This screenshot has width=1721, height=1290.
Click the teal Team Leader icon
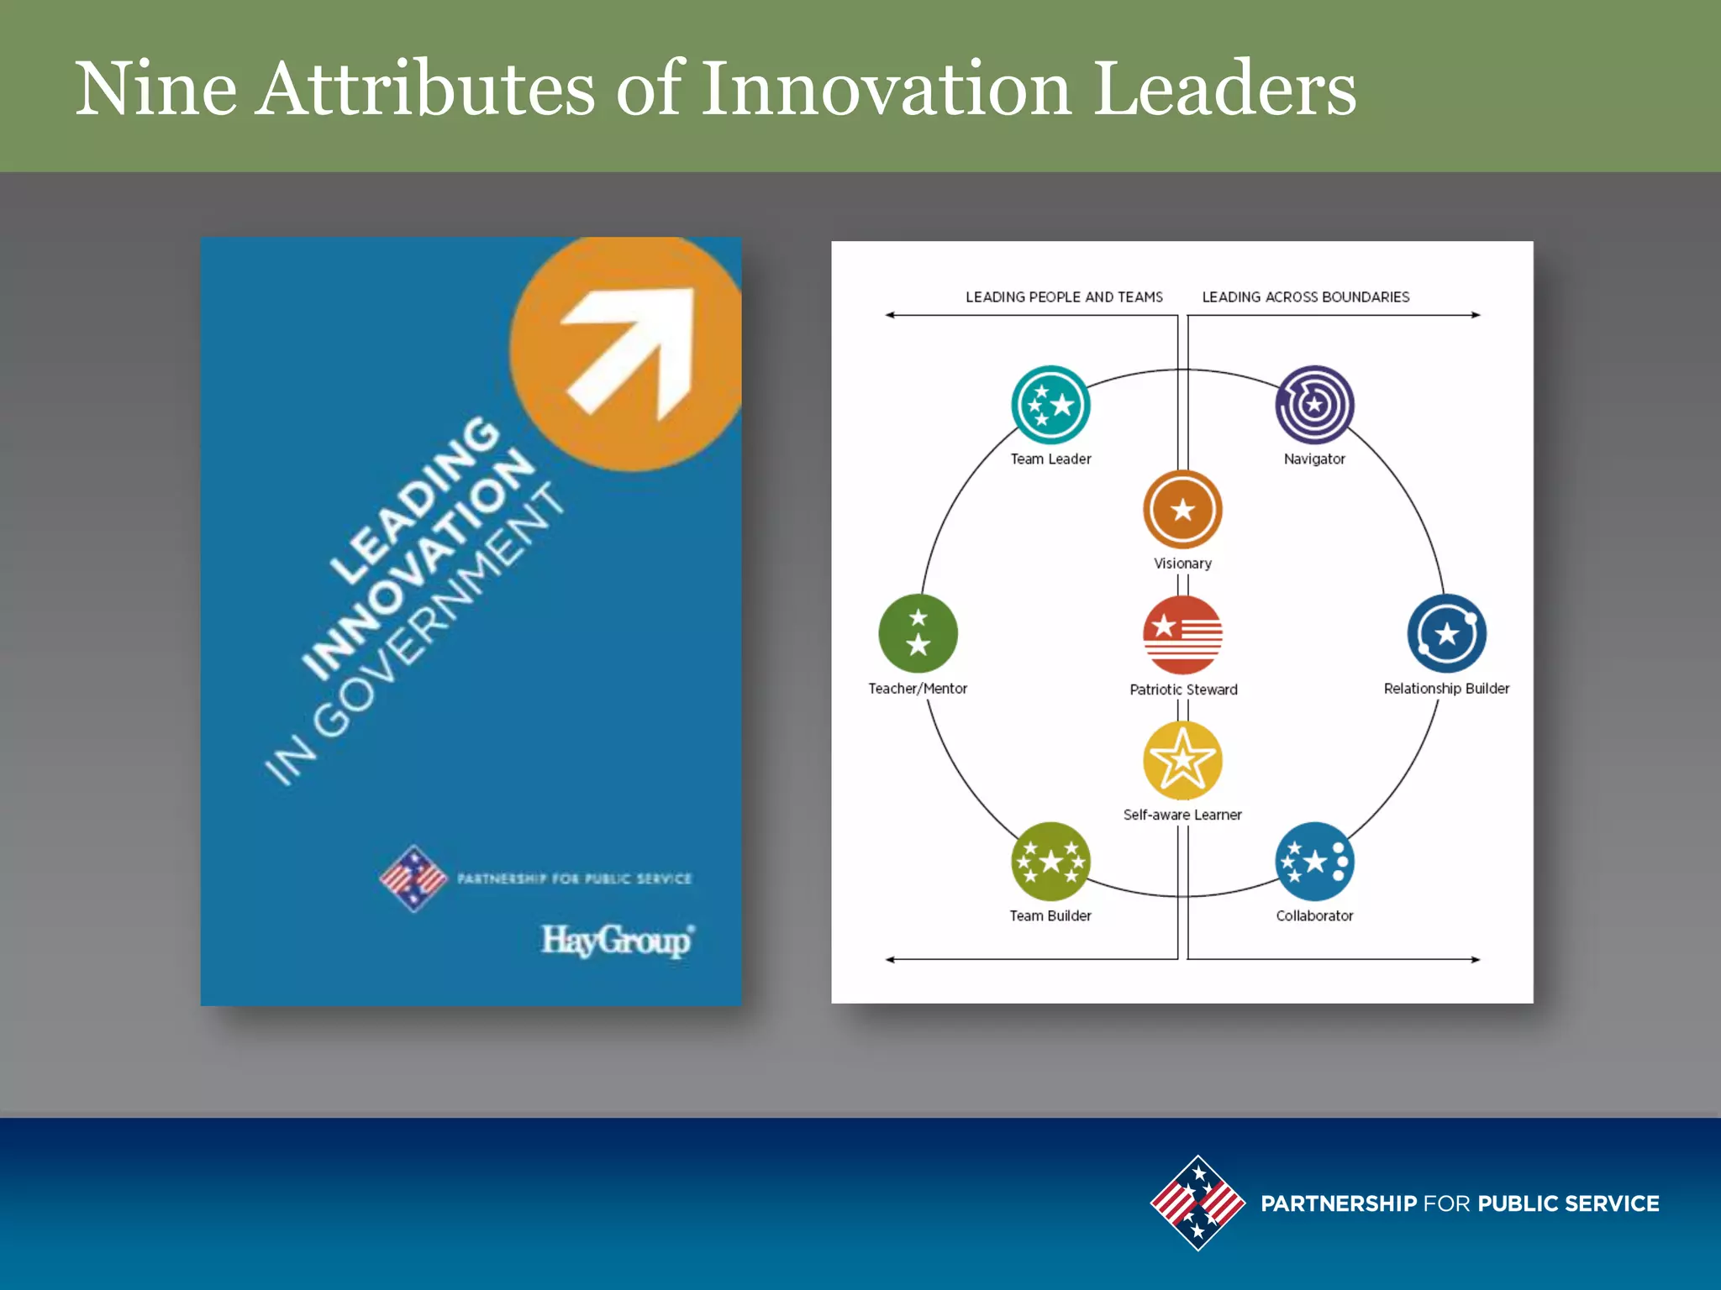pyautogui.click(x=1050, y=405)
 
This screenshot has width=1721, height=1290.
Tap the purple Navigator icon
pyautogui.click(x=1314, y=405)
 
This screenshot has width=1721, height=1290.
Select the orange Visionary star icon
pyautogui.click(x=1182, y=510)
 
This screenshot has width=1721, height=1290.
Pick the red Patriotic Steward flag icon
pyautogui.click(x=1182, y=635)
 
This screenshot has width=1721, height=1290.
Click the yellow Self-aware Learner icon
pyautogui.click(x=1182, y=760)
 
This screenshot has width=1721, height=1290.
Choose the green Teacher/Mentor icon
pyautogui.click(x=918, y=633)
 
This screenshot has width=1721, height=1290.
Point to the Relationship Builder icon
pyautogui.click(x=1446, y=633)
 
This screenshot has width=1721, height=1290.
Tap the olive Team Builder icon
pyautogui.click(x=1050, y=862)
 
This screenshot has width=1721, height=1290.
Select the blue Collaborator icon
pyautogui.click(x=1314, y=862)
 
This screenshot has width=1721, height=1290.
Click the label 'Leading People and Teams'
pyautogui.click(x=1064, y=297)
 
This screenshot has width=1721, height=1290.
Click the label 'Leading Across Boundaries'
pyautogui.click(x=1305, y=297)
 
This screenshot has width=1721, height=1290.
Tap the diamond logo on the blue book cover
pyautogui.click(x=413, y=878)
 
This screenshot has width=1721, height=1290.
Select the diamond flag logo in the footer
pyautogui.click(x=1197, y=1203)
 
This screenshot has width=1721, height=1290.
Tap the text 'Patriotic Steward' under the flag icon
pyautogui.click(x=1183, y=690)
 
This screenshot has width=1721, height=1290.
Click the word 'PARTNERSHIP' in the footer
pyautogui.click(x=1339, y=1203)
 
